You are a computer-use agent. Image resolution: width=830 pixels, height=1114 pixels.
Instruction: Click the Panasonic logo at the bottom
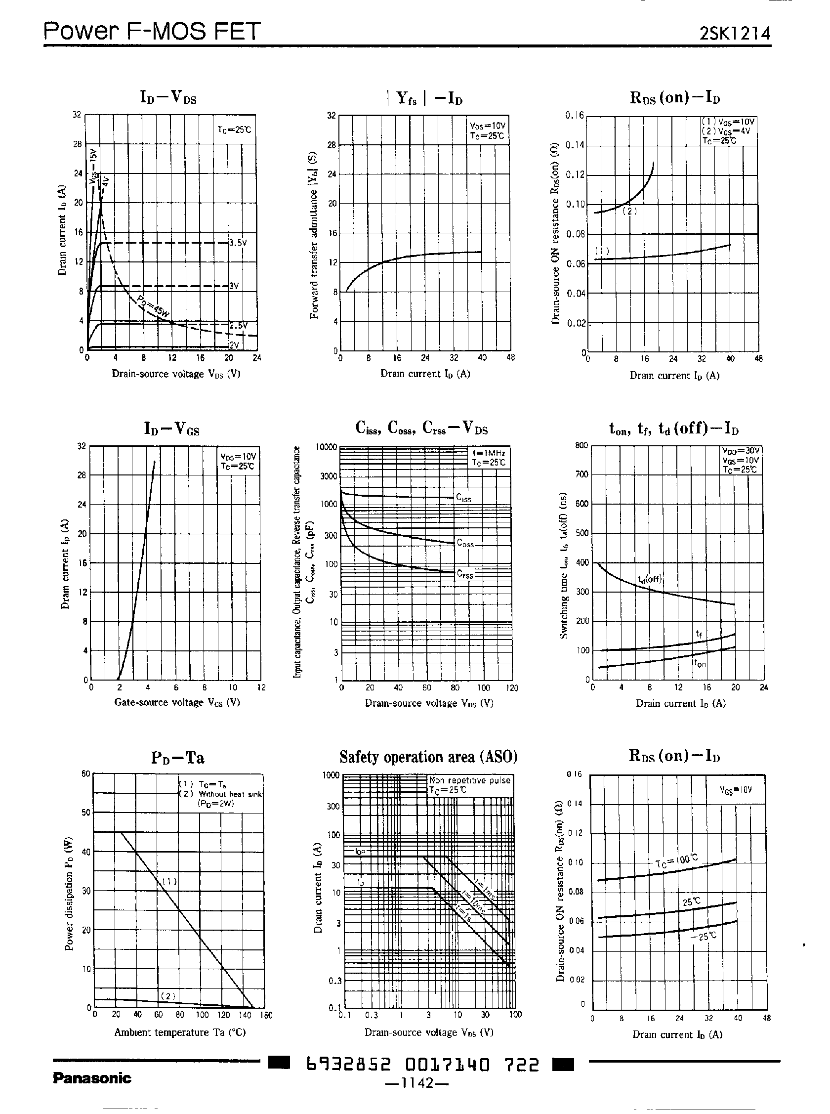pyautogui.click(x=92, y=1078)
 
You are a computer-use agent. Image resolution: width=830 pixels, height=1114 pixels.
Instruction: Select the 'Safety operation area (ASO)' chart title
pyautogui.click(x=428, y=757)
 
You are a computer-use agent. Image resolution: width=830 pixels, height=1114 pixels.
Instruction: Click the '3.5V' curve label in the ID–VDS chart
pyautogui.click(x=238, y=243)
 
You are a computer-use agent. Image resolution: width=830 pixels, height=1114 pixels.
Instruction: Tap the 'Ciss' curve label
pyautogui.click(x=463, y=498)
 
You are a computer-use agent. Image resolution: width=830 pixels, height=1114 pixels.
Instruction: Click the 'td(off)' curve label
pyautogui.click(x=650, y=579)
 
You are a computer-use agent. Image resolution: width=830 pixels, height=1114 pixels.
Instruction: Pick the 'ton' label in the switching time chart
pyautogui.click(x=700, y=664)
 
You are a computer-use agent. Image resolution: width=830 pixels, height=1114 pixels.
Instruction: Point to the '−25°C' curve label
pyautogui.click(x=704, y=937)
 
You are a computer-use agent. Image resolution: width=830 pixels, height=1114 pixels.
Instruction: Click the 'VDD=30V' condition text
pyautogui.click(x=741, y=451)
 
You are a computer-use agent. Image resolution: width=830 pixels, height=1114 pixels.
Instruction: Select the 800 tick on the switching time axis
pyautogui.click(x=581, y=445)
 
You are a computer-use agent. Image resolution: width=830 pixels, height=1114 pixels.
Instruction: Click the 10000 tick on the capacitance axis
pyautogui.click(x=326, y=447)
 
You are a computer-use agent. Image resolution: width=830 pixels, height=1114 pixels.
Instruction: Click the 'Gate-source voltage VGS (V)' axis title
pyautogui.click(x=177, y=702)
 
